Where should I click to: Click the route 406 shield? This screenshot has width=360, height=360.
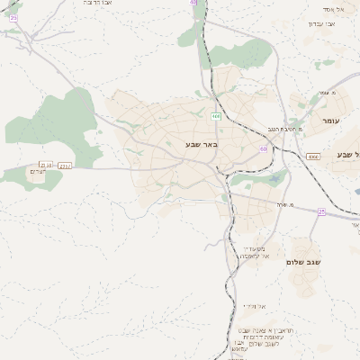click(x=216, y=115)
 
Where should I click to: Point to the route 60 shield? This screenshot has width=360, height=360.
click(x=264, y=148)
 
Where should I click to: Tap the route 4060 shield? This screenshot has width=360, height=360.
click(x=312, y=156)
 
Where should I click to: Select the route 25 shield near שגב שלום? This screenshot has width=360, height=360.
click(x=321, y=211)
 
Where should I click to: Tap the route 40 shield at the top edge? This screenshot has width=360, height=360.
click(x=193, y=3)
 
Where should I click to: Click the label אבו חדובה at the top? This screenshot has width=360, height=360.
click(x=74, y=4)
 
